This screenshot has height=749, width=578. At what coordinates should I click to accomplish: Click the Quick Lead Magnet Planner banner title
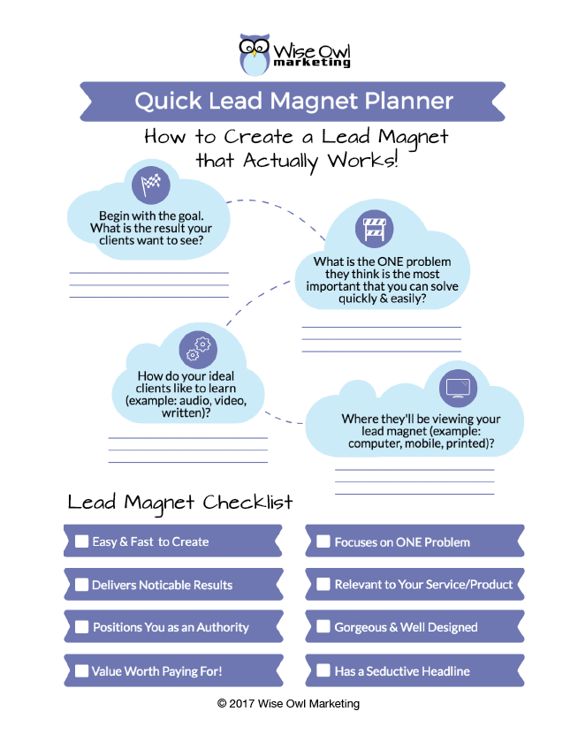pos(293,101)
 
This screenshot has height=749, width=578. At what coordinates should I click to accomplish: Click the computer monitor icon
pos(458,387)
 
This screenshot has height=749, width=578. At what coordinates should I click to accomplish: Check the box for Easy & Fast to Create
pos(82,541)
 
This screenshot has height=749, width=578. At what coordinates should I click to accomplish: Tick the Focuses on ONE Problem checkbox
pos(323,541)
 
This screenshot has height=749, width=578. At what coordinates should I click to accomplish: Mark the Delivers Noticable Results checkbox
pos(82,585)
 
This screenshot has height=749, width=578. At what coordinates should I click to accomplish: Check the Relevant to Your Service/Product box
pos(323,585)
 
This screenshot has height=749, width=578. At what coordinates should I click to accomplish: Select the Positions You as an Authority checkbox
pos(82,627)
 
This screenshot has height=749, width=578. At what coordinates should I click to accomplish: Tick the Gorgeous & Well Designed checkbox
pos(323,627)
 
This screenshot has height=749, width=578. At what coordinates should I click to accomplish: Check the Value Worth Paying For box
pos(82,670)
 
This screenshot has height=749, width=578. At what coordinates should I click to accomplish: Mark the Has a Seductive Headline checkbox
pos(323,670)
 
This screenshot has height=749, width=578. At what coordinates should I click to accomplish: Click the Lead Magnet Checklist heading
pos(180,503)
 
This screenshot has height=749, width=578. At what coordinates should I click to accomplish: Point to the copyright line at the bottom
pos(288,703)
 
